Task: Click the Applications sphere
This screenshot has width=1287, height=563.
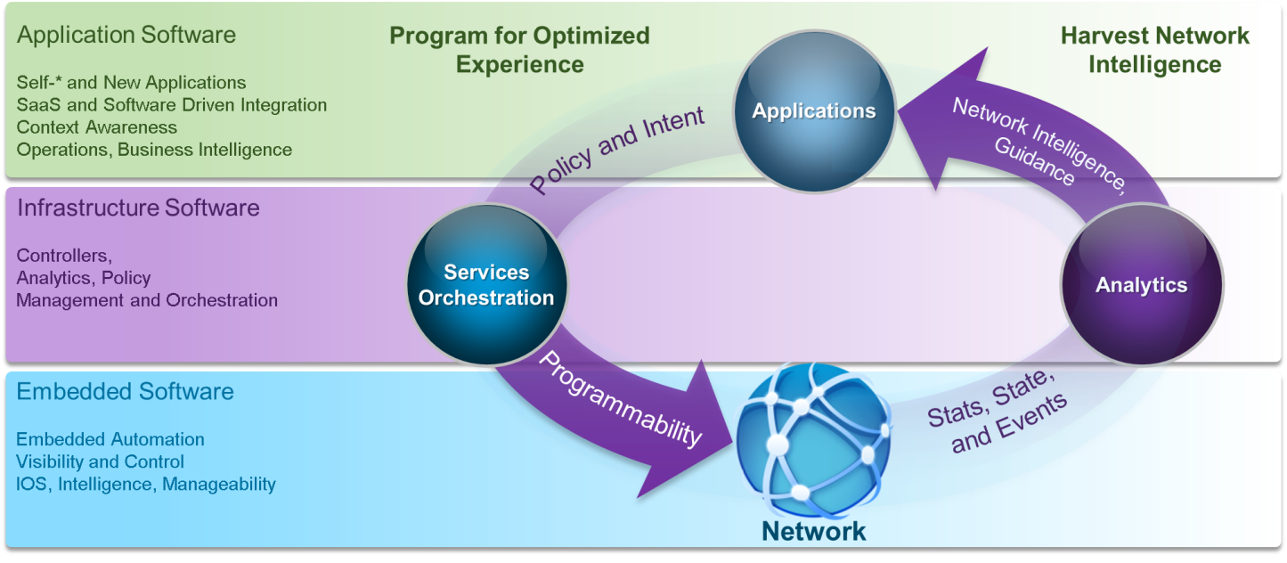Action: click(x=814, y=112)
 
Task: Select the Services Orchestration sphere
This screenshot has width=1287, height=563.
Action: click(x=486, y=285)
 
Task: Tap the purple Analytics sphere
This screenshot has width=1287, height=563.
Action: click(x=1141, y=285)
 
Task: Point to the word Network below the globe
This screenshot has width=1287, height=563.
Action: click(x=813, y=532)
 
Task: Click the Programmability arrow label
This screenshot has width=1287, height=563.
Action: click(x=620, y=397)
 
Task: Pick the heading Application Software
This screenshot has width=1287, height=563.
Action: click(x=126, y=35)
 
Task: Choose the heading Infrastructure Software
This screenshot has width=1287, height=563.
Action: click(x=138, y=208)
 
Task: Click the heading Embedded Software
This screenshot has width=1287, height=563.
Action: click(x=125, y=391)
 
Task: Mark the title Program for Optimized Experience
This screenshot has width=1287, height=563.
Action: click(x=519, y=50)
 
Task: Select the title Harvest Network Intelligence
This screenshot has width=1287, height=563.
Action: click(x=1154, y=50)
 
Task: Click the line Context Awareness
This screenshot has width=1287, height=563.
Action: click(x=96, y=127)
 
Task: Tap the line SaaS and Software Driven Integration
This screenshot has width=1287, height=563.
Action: click(x=171, y=105)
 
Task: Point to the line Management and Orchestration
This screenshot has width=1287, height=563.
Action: click(x=147, y=300)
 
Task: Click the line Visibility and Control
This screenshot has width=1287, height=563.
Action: click(x=100, y=461)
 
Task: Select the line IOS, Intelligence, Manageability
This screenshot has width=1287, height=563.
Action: click(x=146, y=485)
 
